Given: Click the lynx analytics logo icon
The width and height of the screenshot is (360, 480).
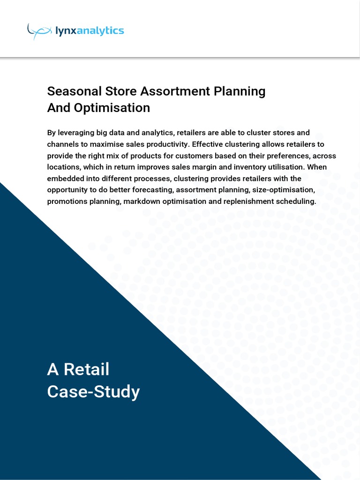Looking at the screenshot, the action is pos(39,31).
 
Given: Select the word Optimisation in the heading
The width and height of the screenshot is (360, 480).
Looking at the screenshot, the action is pos(112,108).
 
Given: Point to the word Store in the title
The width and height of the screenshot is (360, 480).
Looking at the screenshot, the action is pos(121,91).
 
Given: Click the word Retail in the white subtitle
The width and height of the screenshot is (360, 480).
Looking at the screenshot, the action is pos(86,369).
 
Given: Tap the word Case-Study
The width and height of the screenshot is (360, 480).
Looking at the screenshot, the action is pos(93,392).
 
